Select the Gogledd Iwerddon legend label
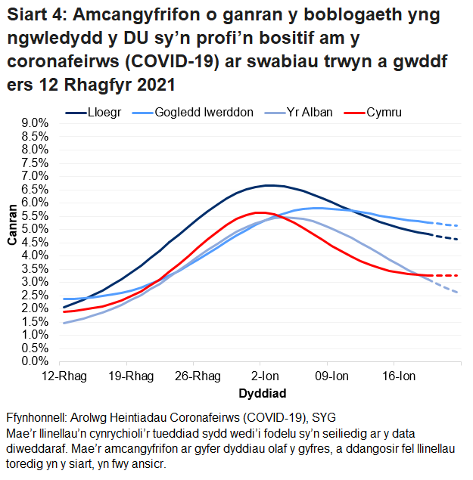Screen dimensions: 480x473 tap(204, 113)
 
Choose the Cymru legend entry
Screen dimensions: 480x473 tap(383, 113)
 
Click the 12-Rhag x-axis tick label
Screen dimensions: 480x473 tap(64, 376)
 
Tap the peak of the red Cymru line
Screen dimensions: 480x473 tap(258, 212)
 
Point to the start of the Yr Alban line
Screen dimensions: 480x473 tap(64, 323)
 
